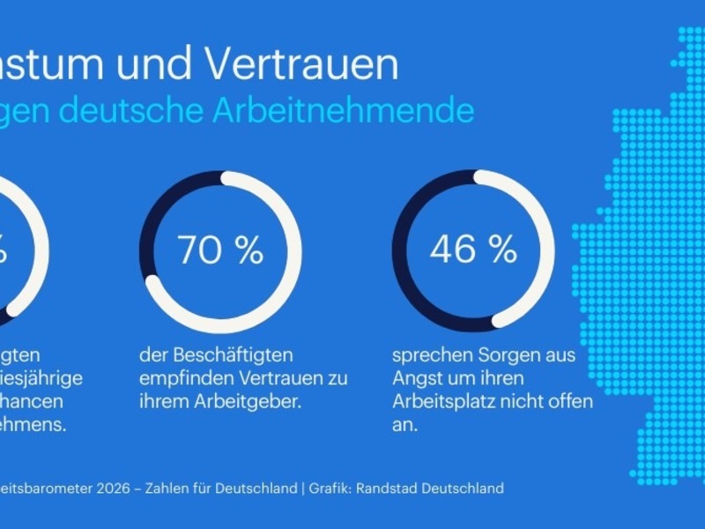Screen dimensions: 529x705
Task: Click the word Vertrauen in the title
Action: click(x=300, y=65)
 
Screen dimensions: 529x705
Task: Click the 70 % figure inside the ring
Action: click(x=220, y=250)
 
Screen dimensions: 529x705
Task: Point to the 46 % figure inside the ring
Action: click(x=473, y=250)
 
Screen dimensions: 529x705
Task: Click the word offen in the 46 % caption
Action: click(x=570, y=401)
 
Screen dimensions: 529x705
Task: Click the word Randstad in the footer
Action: click(x=385, y=488)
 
